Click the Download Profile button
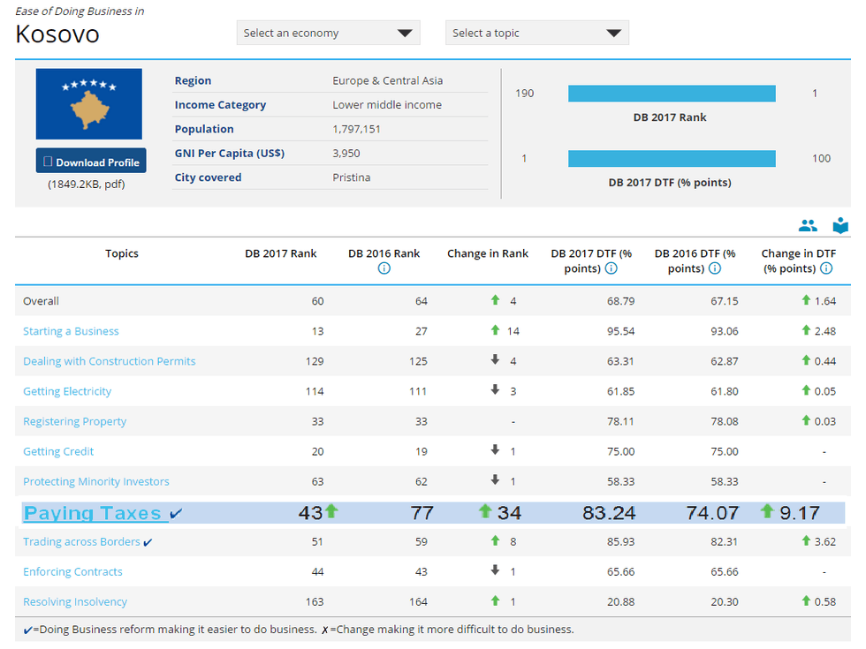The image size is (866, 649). [91, 161]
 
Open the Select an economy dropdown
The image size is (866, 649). [328, 34]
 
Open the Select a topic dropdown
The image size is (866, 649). [537, 34]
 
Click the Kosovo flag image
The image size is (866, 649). [89, 104]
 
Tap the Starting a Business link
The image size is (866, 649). [71, 331]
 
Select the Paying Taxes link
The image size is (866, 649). [92, 513]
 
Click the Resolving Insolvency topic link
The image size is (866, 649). [75, 601]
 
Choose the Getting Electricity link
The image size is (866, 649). [67, 391]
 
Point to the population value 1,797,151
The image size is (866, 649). [356, 129]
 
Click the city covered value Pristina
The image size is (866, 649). [352, 177]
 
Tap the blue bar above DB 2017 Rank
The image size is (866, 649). [672, 94]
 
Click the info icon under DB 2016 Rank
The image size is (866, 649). [384, 268]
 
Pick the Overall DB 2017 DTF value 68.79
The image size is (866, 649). [620, 301]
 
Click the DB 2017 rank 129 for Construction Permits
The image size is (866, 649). [315, 361]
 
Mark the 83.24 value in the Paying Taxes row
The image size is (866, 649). [609, 513]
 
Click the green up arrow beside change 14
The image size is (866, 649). [495, 330]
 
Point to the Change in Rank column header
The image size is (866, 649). [488, 253]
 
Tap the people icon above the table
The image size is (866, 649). [808, 225]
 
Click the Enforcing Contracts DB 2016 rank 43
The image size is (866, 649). [421, 572]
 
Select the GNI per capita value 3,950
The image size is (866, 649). [346, 154]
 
